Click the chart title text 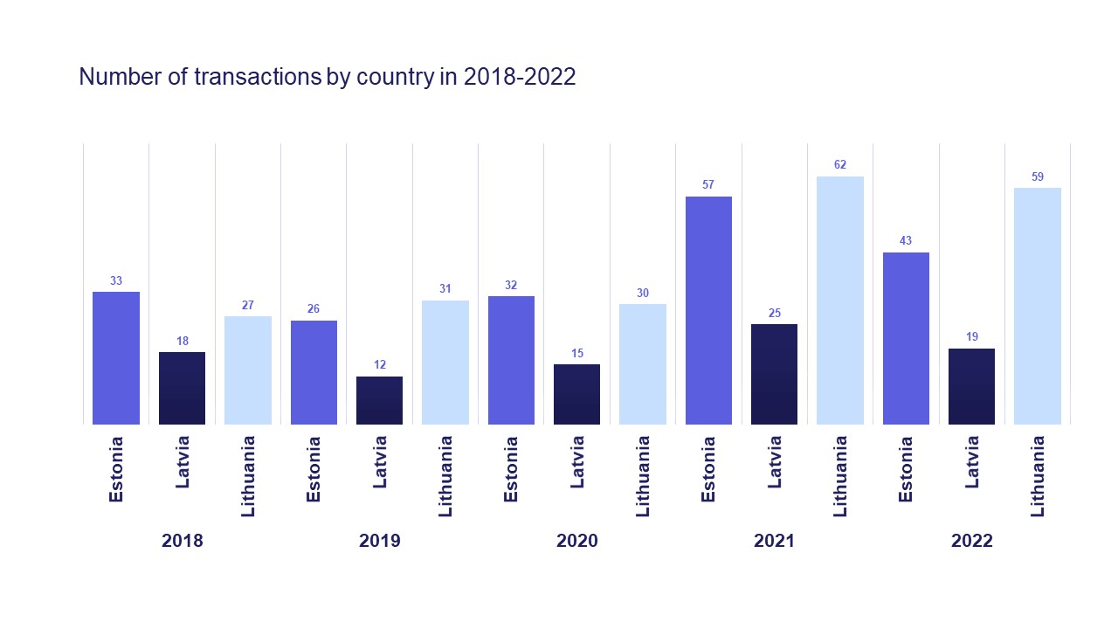click(328, 77)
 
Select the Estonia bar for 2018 click(116, 358)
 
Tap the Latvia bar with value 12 click(379, 400)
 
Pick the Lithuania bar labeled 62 click(840, 301)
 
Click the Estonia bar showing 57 click(708, 310)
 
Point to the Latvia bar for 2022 click(971, 386)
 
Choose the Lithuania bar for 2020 click(643, 364)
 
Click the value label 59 click(1038, 176)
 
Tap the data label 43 click(906, 241)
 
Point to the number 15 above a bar click(576, 353)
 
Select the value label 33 click(116, 280)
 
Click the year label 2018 click(182, 541)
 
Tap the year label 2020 click(576, 541)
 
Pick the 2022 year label click(971, 541)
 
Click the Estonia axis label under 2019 click(314, 469)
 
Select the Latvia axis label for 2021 click(775, 461)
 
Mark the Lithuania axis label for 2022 click(1038, 476)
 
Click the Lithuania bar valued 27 click(248, 370)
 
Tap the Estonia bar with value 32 click(511, 360)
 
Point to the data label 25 click(775, 313)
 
